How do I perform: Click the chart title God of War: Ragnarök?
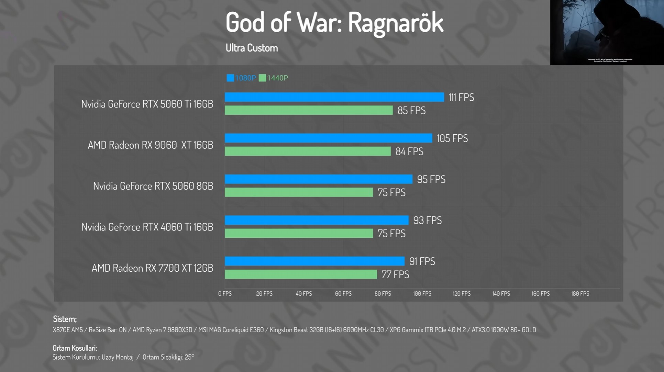334,23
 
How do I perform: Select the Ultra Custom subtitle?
252,48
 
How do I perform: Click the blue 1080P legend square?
230,78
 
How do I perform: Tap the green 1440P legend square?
262,78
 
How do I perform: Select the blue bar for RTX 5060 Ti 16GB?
334,97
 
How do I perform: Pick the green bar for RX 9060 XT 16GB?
308,151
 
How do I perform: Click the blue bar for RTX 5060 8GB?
318,179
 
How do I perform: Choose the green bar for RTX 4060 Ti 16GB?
299,233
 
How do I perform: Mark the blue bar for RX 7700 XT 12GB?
314,261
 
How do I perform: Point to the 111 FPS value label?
461,98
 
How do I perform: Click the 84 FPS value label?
409,151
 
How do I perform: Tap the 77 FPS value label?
395,274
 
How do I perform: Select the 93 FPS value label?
427,220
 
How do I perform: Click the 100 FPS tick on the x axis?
422,294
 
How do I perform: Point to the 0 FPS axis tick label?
225,294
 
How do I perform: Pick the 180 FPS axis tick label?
580,294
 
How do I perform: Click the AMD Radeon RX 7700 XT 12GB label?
152,268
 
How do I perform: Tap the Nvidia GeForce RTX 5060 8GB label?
153,186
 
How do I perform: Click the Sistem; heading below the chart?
65,319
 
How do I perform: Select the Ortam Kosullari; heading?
75,348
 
